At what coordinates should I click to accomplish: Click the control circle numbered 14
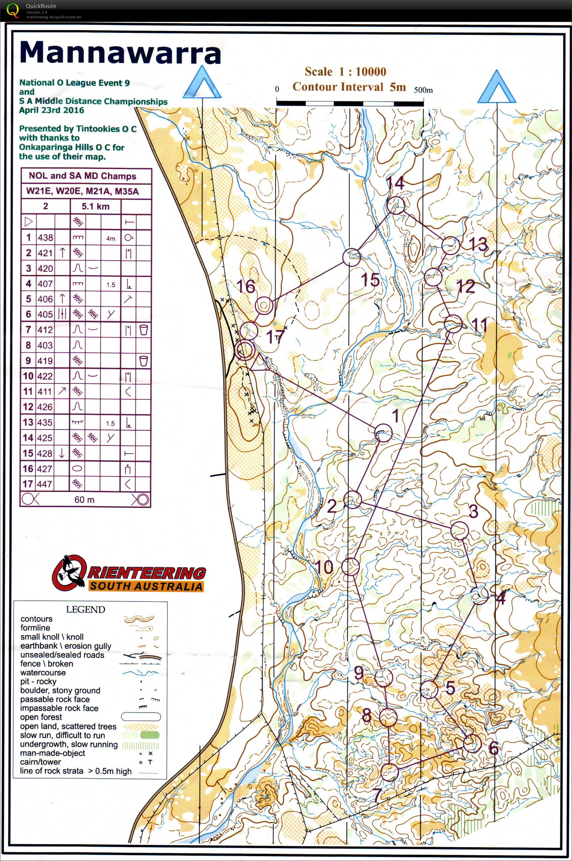pos(396,205)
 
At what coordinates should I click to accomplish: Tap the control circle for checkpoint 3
pos(459,530)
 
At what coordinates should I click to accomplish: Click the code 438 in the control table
pos(45,238)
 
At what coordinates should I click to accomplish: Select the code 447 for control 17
pos(45,484)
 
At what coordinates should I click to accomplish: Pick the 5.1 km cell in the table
pos(95,206)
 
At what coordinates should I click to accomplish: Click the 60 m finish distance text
pos(84,499)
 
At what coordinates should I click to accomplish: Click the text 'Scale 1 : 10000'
pos(345,71)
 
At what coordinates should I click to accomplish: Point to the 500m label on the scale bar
pos(423,90)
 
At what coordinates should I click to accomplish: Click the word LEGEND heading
pos(85,609)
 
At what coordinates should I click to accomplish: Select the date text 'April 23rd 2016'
pos(51,110)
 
